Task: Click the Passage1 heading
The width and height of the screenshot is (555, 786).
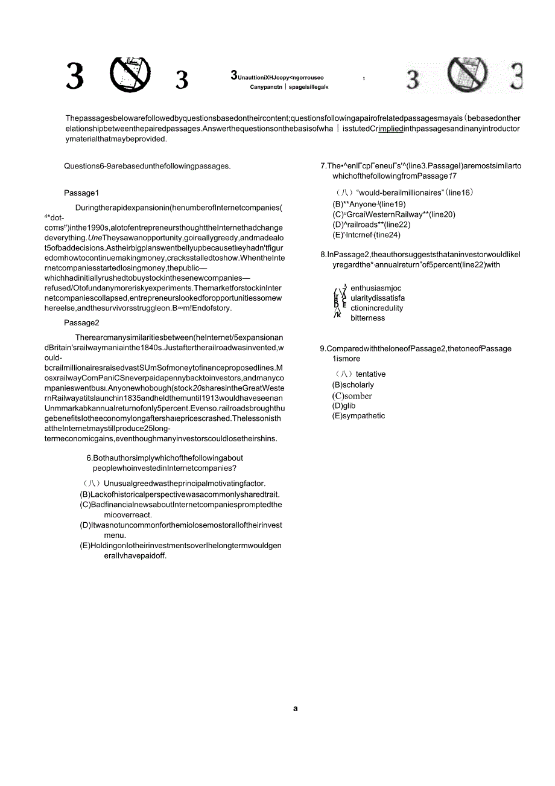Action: coord(81,193)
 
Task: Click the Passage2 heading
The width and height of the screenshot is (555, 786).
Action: coord(81,322)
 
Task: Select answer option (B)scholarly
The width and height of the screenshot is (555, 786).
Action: coord(353,385)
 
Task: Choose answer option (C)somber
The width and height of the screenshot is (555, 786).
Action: coord(352,396)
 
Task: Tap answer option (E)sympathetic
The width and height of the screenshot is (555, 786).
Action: coord(358,416)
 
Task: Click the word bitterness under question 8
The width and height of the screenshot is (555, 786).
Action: coord(367,318)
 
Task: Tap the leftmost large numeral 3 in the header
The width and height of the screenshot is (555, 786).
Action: coord(75,78)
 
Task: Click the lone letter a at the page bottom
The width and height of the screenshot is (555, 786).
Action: coord(296,709)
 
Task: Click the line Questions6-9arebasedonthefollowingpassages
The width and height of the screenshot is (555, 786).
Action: coord(147,166)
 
